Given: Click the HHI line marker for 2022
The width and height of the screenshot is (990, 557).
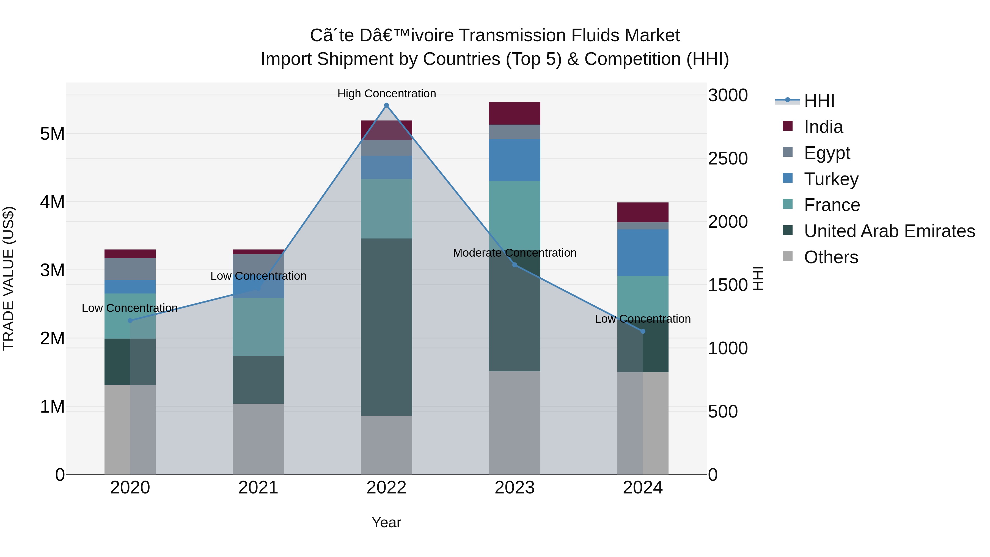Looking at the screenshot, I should (386, 105).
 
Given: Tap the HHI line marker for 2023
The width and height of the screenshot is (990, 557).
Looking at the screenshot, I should (515, 265).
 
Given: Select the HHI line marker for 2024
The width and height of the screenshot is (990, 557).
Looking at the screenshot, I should (643, 331).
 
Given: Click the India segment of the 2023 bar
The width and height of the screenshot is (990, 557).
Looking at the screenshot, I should (514, 113).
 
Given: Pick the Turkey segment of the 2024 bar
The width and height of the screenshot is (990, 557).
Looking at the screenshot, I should (643, 253).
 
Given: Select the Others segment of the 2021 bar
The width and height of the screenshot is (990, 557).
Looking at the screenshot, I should (258, 439).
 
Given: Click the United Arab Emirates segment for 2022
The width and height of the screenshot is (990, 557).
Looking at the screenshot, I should (386, 327).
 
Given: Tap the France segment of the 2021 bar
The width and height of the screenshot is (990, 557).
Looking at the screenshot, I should (258, 327).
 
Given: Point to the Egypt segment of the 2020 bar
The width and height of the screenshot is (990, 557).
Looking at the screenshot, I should (130, 269).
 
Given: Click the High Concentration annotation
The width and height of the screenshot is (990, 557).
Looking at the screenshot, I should (386, 94).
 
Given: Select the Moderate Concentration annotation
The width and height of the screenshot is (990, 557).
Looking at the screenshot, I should (515, 253).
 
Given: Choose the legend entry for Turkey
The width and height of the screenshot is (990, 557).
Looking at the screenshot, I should (831, 179).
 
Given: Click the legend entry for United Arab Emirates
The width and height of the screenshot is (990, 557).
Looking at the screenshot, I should (889, 231).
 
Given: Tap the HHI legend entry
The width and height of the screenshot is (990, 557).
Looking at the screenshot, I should (819, 101).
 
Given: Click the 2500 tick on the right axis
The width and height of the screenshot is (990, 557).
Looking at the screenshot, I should (727, 159).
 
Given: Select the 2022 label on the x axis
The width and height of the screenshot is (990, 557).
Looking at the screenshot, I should (386, 488).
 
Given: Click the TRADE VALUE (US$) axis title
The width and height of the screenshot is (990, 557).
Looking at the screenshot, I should (9, 278).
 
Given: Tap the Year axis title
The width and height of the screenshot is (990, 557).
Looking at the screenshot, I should (386, 522).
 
